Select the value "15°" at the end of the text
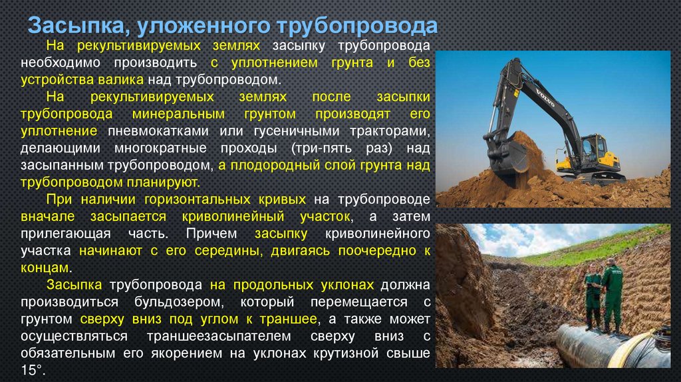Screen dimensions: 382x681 click(x=32, y=369)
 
